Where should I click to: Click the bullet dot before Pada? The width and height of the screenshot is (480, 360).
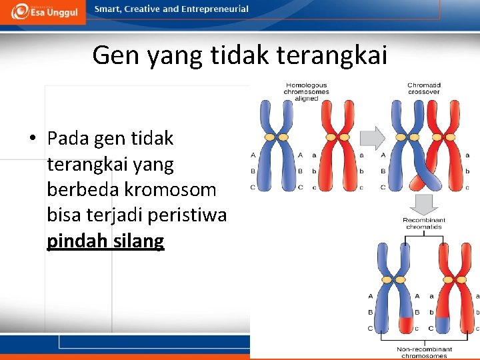[32, 139]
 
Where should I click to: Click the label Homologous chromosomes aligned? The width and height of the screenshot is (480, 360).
[306, 91]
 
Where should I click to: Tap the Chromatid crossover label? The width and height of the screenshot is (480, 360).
[424, 88]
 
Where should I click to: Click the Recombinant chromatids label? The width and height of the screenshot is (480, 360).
[424, 223]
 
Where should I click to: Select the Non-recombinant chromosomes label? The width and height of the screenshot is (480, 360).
[424, 351]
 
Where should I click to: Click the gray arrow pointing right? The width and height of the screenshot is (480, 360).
[372, 138]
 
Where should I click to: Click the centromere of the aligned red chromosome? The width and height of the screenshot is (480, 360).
[337, 137]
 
